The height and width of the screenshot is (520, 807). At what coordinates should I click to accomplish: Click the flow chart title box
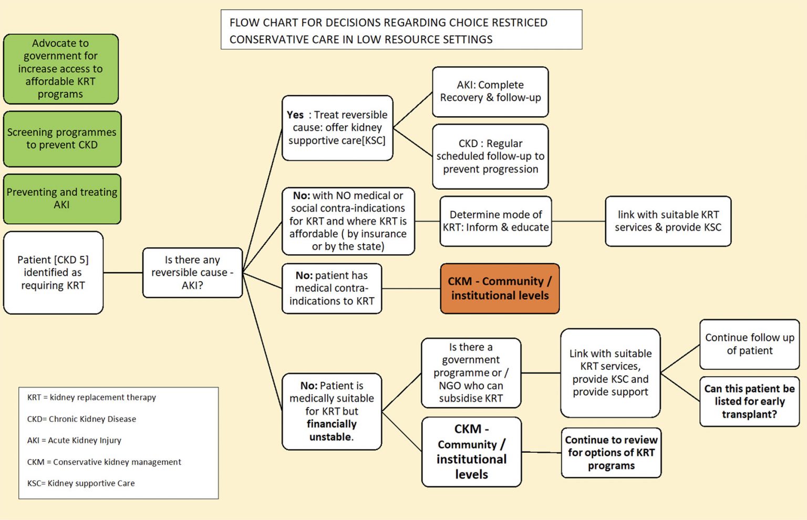coord(401,30)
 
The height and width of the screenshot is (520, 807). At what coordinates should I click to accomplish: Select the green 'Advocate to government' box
coord(61,69)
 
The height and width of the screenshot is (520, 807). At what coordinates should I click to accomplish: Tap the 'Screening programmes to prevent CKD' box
coord(62,139)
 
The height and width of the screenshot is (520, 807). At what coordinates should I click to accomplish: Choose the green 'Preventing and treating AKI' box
coord(62,199)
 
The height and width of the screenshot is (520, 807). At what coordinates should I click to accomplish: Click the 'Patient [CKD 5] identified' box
coord(53,273)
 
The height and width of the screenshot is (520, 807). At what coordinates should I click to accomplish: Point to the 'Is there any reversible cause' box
coord(192,273)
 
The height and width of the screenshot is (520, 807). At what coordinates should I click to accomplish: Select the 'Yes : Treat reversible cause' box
coord(337,128)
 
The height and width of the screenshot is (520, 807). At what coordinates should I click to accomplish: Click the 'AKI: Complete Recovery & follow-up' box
coord(490,91)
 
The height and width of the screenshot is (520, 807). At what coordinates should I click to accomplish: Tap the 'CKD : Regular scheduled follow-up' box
coord(490,156)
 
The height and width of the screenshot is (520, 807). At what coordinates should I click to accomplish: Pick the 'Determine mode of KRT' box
coord(495,221)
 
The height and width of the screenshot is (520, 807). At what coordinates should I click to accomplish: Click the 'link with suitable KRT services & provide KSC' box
coord(668,221)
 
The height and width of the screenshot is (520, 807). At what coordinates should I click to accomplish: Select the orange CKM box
coord(500,288)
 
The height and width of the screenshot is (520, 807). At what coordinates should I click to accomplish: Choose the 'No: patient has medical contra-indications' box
coord(332,288)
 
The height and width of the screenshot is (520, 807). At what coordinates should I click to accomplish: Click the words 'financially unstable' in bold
coord(332,430)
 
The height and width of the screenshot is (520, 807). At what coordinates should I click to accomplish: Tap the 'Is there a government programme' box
coord(471,372)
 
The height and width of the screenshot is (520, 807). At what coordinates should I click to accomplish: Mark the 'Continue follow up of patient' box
coord(749,344)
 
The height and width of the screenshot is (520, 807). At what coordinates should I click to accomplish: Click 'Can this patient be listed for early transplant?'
coord(749,401)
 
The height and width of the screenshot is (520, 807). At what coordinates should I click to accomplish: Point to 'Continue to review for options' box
coord(611,453)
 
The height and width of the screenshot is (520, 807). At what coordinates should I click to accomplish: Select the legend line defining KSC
coord(81,483)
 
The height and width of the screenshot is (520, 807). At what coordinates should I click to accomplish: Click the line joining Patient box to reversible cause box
coord(123,273)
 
